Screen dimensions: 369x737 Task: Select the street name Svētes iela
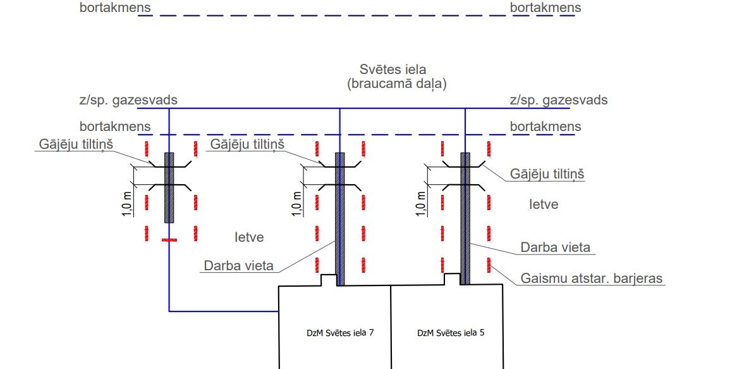click(x=393, y=70)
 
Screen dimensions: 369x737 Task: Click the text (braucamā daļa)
click(x=396, y=84)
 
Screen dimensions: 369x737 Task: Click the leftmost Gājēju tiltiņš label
click(x=75, y=144)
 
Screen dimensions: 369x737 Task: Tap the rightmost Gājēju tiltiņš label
click(x=547, y=173)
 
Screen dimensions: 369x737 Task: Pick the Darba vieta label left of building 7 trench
click(x=239, y=265)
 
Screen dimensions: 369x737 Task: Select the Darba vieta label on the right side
click(x=555, y=246)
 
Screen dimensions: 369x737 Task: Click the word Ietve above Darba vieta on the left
click(x=248, y=237)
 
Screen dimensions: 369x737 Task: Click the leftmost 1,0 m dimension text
click(x=126, y=203)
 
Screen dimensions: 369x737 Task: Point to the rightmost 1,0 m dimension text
click(x=422, y=203)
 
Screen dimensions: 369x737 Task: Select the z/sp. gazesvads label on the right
click(x=559, y=100)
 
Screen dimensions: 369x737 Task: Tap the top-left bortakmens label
click(x=115, y=8)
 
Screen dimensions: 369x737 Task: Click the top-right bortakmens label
click(x=545, y=8)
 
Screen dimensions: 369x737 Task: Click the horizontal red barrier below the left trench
click(x=169, y=240)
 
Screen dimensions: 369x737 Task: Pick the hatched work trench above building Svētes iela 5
click(x=465, y=218)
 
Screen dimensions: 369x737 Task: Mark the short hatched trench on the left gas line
click(x=169, y=187)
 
